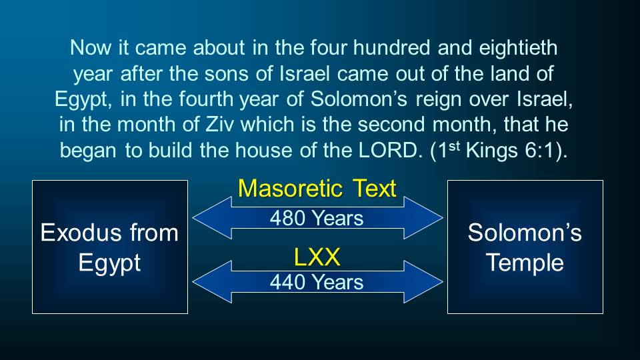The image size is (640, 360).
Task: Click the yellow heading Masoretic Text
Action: [x=317, y=189]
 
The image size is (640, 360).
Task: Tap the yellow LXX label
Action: [x=317, y=257]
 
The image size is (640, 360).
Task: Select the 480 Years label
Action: [x=317, y=218]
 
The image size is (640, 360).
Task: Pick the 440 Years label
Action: [x=317, y=282]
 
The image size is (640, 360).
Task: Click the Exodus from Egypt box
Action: [x=110, y=247]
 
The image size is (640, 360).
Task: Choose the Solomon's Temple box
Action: [x=525, y=247]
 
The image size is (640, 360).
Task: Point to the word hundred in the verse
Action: [x=392, y=48]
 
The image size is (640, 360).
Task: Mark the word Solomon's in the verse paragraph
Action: [x=359, y=99]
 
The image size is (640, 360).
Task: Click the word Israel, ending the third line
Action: [x=545, y=99]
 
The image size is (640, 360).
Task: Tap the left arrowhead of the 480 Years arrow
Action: [x=212, y=218]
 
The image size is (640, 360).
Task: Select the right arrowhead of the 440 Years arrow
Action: [x=423, y=282]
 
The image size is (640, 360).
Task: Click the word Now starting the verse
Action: [x=90, y=48]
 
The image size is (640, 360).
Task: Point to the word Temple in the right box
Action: [x=525, y=262]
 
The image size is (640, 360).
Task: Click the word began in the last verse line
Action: [x=88, y=151]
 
